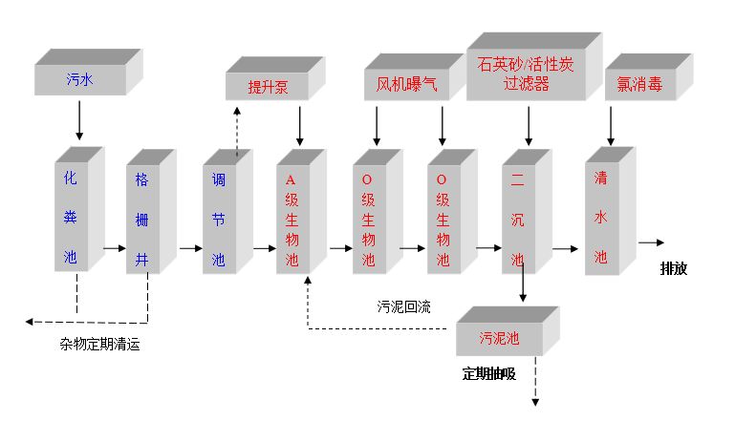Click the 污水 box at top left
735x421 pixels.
pos(80,81)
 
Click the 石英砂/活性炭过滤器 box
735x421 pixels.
pos(528,74)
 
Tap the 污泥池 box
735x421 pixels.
pos(499,338)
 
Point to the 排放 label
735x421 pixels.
pos(674,268)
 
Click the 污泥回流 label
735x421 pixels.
pos(403,306)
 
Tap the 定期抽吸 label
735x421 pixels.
pos(488,373)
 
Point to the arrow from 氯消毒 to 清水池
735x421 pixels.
pos(612,126)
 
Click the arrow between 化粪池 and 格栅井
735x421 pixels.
pos(114,248)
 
